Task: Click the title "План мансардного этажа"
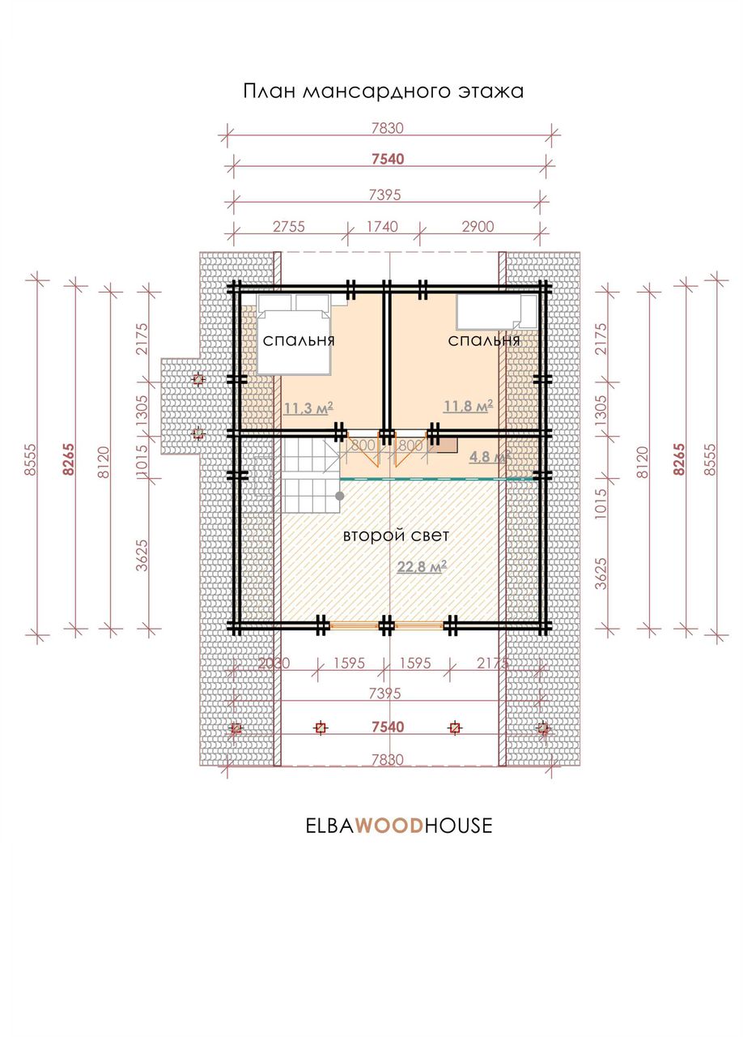(383, 92)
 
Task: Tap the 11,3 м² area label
(308, 408)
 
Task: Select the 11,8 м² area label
(468, 406)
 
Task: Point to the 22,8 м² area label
(422, 566)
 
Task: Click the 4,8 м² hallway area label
(490, 457)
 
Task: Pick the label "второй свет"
(396, 536)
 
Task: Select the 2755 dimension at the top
(289, 226)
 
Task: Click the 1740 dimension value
(382, 226)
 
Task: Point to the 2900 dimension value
(478, 226)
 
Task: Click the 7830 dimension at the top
(388, 128)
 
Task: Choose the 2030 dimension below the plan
(274, 663)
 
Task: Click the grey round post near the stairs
(340, 496)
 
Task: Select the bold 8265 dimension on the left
(69, 459)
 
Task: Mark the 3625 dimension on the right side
(601, 574)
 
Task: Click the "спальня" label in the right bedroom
(484, 341)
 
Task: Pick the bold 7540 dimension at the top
(388, 160)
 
